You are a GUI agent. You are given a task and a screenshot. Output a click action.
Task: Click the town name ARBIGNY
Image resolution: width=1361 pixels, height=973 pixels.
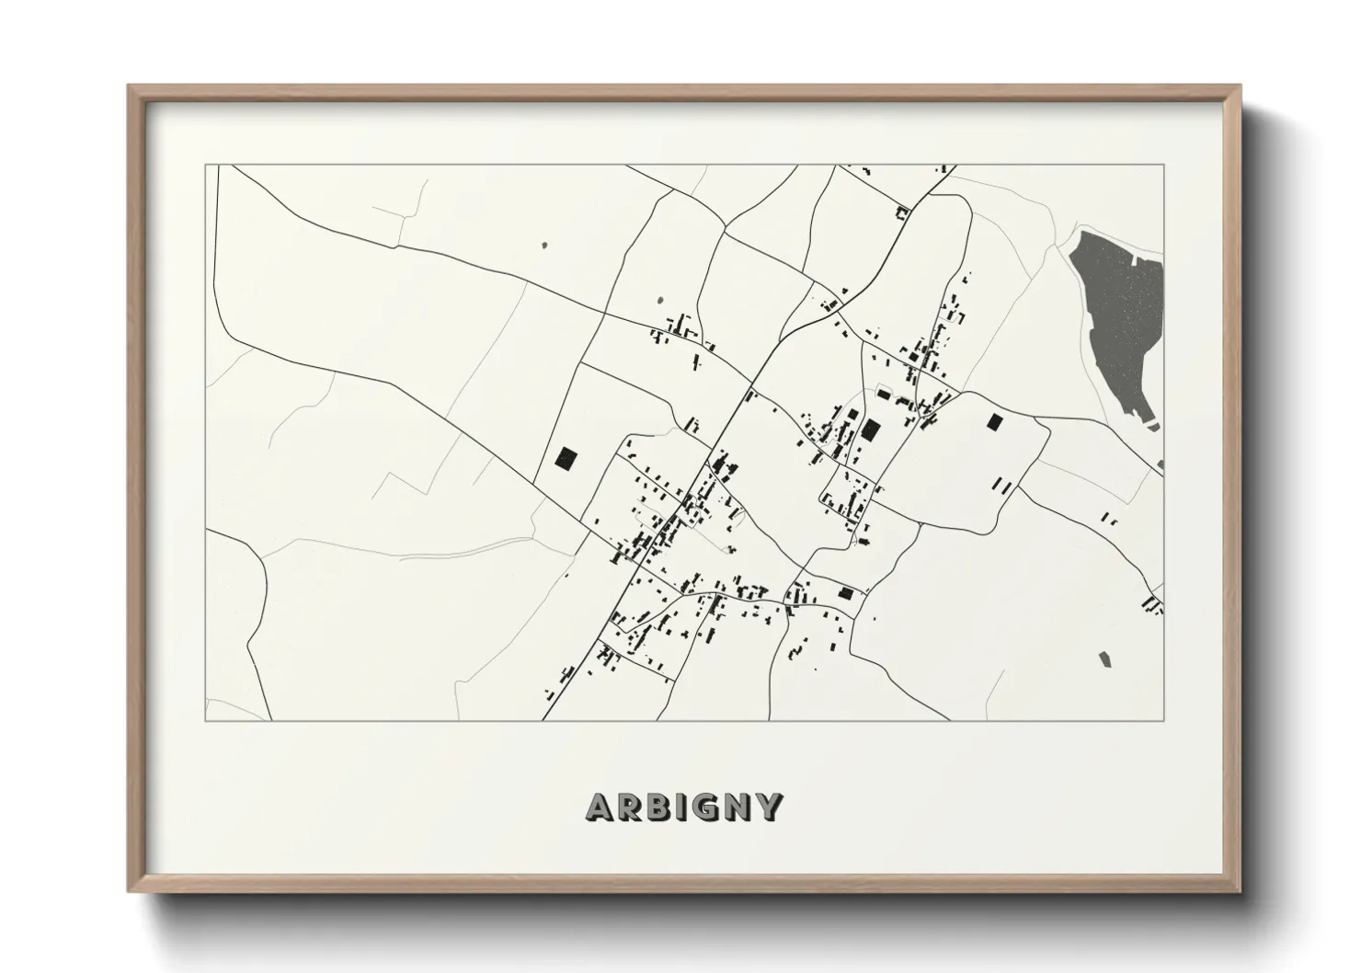pos(684,807)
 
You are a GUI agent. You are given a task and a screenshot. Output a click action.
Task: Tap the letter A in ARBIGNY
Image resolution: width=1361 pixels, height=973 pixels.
pos(600,807)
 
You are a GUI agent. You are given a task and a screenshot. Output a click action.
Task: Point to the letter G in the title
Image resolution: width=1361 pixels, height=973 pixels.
pos(707,807)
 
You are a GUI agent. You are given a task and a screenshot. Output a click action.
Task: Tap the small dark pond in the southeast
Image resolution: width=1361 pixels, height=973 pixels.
pos(1104,658)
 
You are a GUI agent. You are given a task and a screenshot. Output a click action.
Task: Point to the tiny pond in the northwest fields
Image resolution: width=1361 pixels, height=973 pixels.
pos(544,246)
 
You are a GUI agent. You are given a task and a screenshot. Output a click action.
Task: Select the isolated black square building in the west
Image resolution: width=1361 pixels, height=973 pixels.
pos(566,458)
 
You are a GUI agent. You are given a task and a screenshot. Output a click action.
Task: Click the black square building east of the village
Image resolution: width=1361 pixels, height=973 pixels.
pos(993,422)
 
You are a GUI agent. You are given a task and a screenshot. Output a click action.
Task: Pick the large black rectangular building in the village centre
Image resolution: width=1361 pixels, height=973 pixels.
pos(870,429)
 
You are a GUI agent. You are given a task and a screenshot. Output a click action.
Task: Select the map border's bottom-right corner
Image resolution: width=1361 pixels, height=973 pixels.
pos(1163,720)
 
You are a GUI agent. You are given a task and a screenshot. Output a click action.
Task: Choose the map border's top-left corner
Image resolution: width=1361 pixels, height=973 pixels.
pos(205,166)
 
